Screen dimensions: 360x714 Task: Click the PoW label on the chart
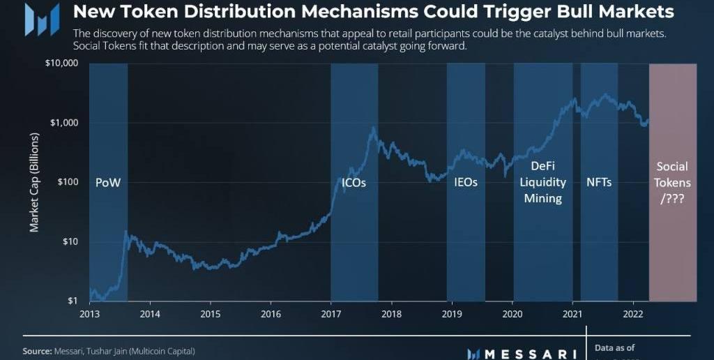(x=108, y=183)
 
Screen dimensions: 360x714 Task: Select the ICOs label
(x=354, y=183)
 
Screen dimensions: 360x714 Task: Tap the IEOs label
(x=466, y=183)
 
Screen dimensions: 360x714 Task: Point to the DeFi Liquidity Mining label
(x=543, y=182)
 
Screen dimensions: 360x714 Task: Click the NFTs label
(x=599, y=183)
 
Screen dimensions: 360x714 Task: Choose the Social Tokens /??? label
(x=672, y=182)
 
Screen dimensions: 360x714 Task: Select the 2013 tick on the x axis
(x=90, y=314)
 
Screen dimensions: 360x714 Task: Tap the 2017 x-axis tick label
(x=331, y=314)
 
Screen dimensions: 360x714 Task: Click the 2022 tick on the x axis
(x=632, y=314)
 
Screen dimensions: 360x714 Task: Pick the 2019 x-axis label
(x=452, y=314)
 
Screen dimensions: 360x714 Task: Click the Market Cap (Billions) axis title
(x=34, y=182)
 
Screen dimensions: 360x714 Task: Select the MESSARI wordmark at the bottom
(x=530, y=353)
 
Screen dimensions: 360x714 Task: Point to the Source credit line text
(x=109, y=351)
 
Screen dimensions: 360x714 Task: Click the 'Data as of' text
(x=615, y=347)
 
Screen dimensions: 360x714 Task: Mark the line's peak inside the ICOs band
(x=374, y=128)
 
